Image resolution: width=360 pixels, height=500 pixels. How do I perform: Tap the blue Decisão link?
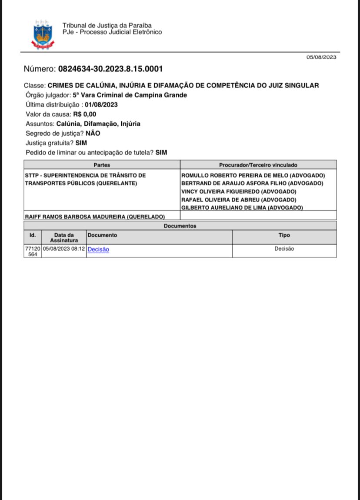(x=98, y=249)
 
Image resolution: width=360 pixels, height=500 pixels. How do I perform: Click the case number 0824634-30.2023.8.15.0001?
(x=110, y=69)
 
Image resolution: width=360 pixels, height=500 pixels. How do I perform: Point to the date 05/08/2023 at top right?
(x=321, y=57)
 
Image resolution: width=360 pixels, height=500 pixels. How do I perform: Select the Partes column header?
(x=102, y=165)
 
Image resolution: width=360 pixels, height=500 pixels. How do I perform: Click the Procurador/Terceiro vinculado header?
(x=258, y=165)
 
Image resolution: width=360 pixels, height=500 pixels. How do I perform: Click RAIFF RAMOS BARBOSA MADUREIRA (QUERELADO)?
(x=95, y=216)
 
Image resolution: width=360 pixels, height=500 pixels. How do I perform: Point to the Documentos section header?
(x=180, y=226)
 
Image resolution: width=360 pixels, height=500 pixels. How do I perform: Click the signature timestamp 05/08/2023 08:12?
(x=63, y=249)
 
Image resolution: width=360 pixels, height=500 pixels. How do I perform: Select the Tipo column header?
(x=284, y=235)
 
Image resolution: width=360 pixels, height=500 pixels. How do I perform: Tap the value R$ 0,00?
(x=84, y=114)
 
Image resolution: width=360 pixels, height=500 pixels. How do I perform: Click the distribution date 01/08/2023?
(x=101, y=104)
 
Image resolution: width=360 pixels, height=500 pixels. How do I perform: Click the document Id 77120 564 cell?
(x=33, y=251)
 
